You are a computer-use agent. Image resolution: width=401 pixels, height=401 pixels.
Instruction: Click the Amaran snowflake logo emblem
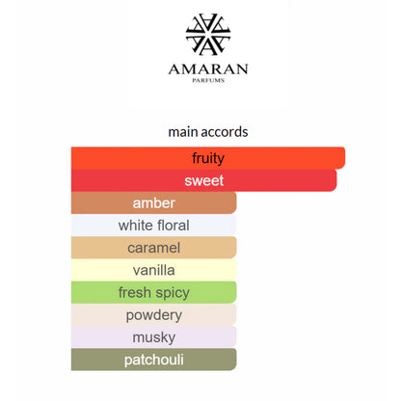(x=208, y=34)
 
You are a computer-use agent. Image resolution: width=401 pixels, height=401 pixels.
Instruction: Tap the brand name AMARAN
(x=208, y=69)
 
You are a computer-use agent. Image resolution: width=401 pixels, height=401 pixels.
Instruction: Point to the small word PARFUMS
(x=208, y=80)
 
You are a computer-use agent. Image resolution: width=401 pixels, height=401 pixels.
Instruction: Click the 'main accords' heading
(x=208, y=132)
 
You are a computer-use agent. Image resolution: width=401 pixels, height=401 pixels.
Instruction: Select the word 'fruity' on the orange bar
(x=208, y=158)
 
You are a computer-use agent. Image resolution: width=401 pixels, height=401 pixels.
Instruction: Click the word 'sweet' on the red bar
(x=204, y=180)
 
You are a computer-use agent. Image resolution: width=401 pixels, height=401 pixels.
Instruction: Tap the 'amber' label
(x=154, y=203)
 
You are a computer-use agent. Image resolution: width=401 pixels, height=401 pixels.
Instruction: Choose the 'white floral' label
(x=154, y=226)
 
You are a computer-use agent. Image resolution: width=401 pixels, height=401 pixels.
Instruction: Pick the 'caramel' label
(x=154, y=248)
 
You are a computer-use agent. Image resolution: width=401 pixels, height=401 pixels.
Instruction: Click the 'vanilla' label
(x=154, y=270)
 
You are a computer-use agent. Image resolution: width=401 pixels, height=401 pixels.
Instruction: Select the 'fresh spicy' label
(x=154, y=293)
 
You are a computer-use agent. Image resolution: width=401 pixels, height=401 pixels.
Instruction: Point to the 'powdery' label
(x=154, y=315)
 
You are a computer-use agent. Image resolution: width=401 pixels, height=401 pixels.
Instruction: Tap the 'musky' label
(x=154, y=337)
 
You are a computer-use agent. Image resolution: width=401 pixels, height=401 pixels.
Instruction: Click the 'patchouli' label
(x=154, y=360)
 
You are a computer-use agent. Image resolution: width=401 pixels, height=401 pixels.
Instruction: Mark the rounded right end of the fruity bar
(x=344, y=158)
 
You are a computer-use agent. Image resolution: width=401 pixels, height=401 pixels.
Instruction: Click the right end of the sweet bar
(x=335, y=180)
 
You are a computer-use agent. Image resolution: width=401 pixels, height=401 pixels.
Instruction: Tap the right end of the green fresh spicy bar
(x=235, y=292)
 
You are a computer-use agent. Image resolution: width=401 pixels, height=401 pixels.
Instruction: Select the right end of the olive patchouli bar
(x=235, y=360)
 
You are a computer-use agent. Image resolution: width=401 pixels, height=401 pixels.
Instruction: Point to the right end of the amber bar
(x=235, y=202)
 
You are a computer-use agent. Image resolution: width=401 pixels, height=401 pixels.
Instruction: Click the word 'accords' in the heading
(x=225, y=132)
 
